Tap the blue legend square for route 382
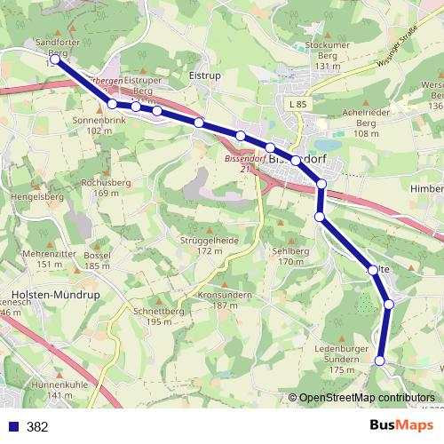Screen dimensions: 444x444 coord(13,426)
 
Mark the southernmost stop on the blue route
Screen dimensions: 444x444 coord(380,360)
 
